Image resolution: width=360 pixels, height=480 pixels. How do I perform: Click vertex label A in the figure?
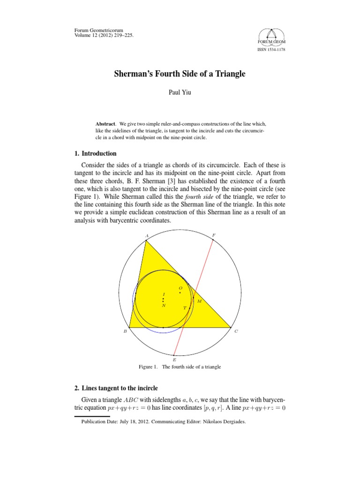point(147,235)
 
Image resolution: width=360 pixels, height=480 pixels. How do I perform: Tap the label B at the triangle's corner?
point(125,331)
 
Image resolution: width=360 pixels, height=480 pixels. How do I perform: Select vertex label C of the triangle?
point(236,331)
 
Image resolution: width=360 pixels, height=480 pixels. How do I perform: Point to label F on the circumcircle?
point(214,235)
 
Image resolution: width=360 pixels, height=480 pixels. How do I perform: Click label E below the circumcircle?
point(174,360)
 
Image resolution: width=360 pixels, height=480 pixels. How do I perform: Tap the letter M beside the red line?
point(199,301)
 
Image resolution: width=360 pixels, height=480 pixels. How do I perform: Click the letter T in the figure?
point(185,308)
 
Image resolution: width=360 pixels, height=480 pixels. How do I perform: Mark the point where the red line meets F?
point(213,240)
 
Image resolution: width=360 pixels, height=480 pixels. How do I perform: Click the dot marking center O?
point(180,292)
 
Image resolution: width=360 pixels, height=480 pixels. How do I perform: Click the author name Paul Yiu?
point(180,93)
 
